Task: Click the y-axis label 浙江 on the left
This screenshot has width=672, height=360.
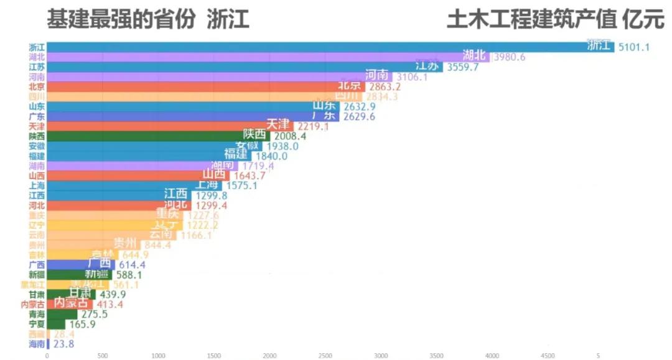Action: (37, 47)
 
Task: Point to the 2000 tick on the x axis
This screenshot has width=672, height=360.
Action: (269, 356)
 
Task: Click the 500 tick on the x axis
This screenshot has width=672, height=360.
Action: (103, 356)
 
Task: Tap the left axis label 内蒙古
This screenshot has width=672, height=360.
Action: (33, 305)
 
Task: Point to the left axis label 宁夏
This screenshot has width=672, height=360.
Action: (37, 324)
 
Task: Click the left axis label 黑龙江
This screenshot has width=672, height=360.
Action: (33, 285)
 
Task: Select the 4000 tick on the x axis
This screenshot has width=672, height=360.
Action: (492, 356)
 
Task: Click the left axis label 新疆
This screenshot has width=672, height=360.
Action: (37, 275)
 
